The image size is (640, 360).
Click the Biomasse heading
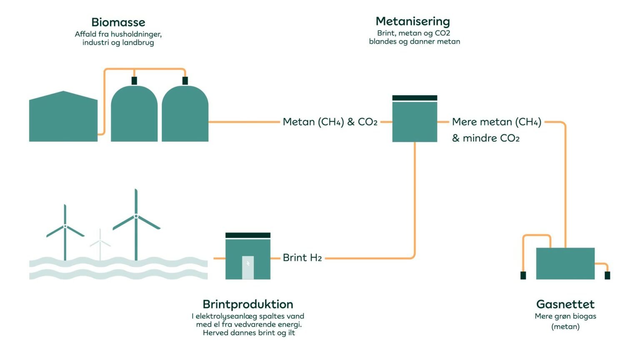[118, 22]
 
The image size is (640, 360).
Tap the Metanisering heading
[412, 21]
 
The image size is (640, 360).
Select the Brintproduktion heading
[248, 304]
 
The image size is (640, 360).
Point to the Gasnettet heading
[565, 304]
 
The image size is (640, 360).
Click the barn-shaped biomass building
[63, 118]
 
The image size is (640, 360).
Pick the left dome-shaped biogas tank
[134, 115]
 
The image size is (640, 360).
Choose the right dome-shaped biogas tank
[185, 115]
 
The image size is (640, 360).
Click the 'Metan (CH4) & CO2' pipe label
[330, 122]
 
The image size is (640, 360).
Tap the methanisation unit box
[415, 121]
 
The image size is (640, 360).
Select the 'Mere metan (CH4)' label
[497, 122]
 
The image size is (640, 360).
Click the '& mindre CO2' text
[486, 138]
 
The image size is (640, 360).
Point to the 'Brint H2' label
[302, 258]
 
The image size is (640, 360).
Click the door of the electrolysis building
[248, 267]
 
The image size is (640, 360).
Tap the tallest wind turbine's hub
[136, 216]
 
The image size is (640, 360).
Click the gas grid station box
[565, 263]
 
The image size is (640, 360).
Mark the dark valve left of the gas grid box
[523, 275]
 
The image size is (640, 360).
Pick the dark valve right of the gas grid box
[607, 275]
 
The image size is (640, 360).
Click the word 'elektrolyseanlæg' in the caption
[224, 316]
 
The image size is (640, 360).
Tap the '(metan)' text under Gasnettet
[565, 327]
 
